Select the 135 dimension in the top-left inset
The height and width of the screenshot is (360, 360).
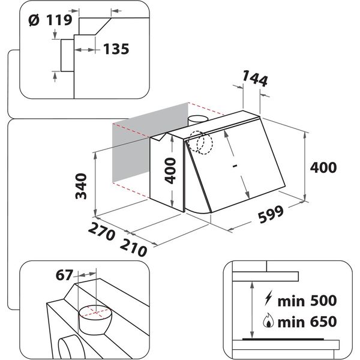point(115,49)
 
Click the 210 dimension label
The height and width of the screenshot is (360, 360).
point(133,247)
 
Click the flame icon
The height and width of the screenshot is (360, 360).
point(267,322)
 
